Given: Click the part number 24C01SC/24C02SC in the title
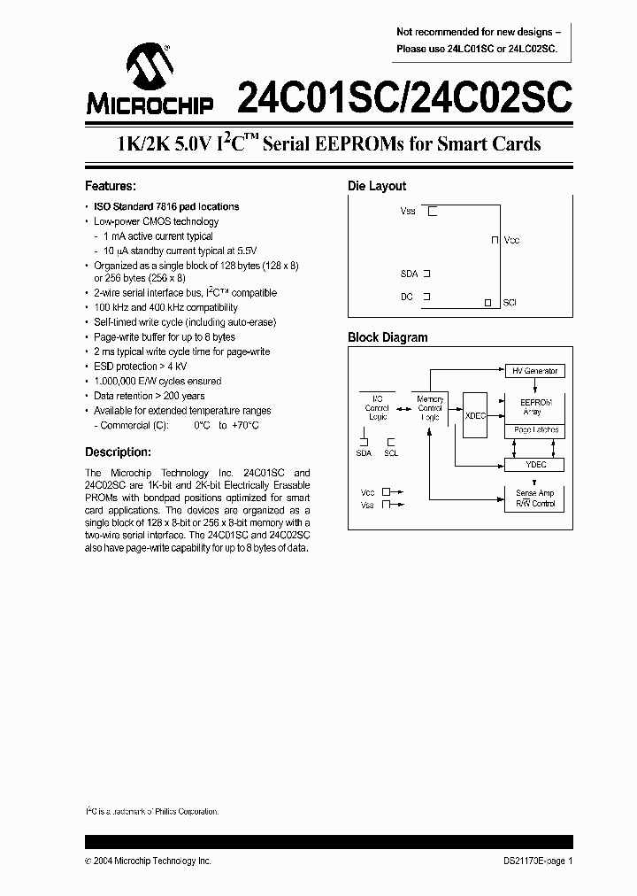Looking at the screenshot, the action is [404, 96].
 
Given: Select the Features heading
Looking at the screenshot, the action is [110, 187].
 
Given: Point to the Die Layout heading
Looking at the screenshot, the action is [377, 187].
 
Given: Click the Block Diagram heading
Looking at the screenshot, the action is [388, 337].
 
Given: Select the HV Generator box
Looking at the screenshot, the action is [535, 371].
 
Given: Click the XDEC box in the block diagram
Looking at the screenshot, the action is [475, 414].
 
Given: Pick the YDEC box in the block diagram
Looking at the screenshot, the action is [535, 463].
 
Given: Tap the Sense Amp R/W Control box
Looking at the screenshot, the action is [535, 498].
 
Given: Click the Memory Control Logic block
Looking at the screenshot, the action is [430, 408].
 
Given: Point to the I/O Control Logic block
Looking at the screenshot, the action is [377, 408].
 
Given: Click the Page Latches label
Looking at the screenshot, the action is [535, 430].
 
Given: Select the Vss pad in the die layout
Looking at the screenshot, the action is [433, 212].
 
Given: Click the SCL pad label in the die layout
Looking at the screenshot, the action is [510, 303].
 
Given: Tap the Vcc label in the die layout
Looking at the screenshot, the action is [511, 240].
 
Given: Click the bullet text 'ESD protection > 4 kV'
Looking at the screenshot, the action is [141, 367].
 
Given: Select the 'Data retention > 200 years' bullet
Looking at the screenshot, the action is [150, 396].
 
